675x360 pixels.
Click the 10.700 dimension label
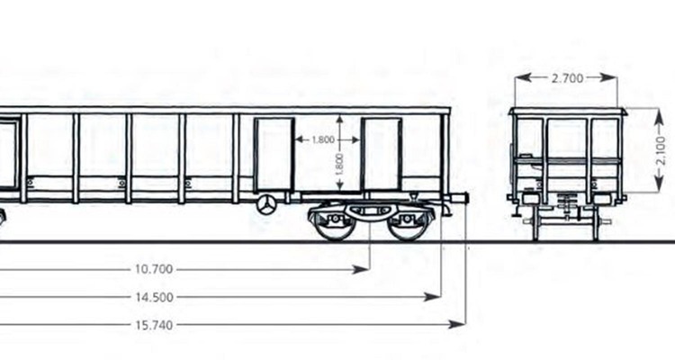(154, 269)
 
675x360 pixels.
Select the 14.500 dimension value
(154, 297)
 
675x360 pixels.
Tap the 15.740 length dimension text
(154, 325)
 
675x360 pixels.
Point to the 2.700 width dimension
(567, 78)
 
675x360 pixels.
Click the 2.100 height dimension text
(661, 150)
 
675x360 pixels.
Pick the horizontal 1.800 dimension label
(323, 140)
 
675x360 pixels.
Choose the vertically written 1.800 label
(339, 164)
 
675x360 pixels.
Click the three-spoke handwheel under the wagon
(266, 204)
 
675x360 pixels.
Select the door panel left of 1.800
(274, 154)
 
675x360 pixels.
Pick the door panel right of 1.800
(382, 154)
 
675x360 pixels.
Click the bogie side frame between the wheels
(369, 211)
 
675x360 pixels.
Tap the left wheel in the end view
(535, 224)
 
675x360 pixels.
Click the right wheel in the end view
(596, 224)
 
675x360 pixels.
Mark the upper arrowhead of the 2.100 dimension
(659, 116)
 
